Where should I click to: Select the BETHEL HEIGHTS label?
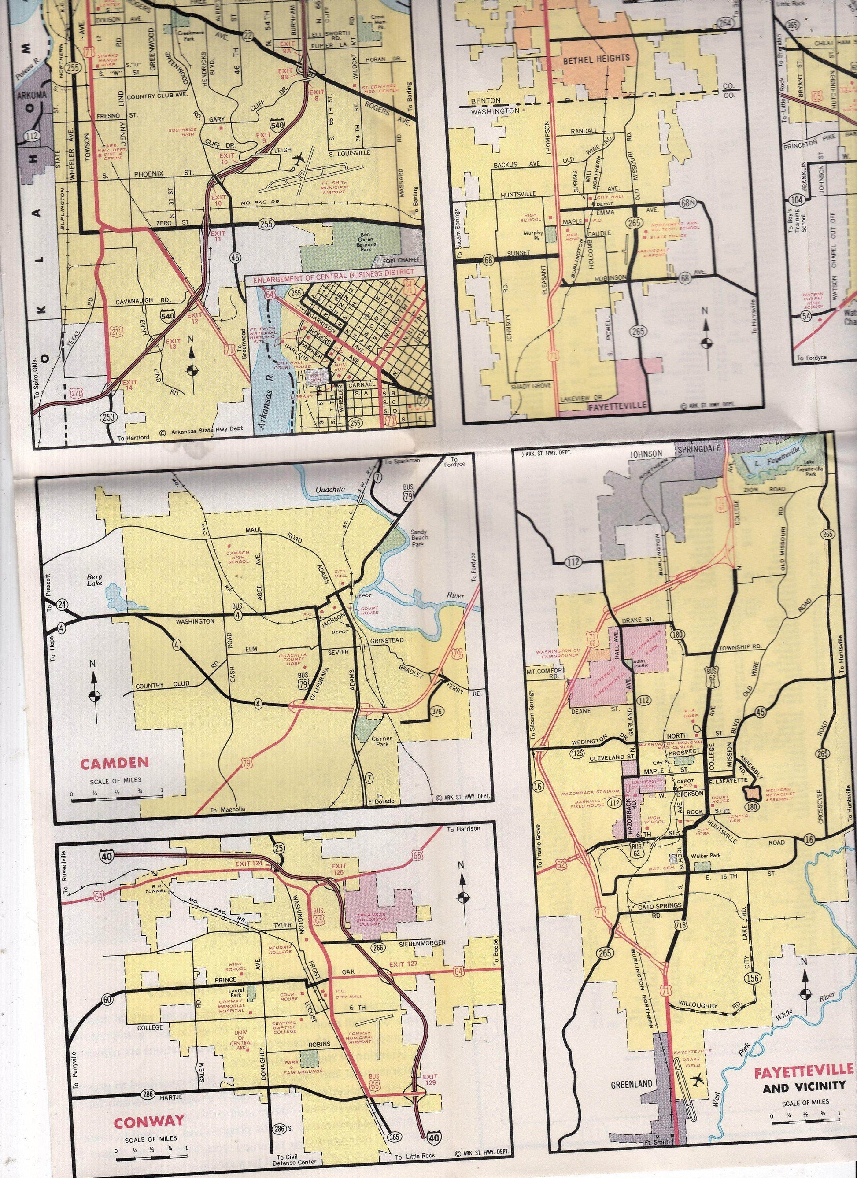click(x=596, y=58)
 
